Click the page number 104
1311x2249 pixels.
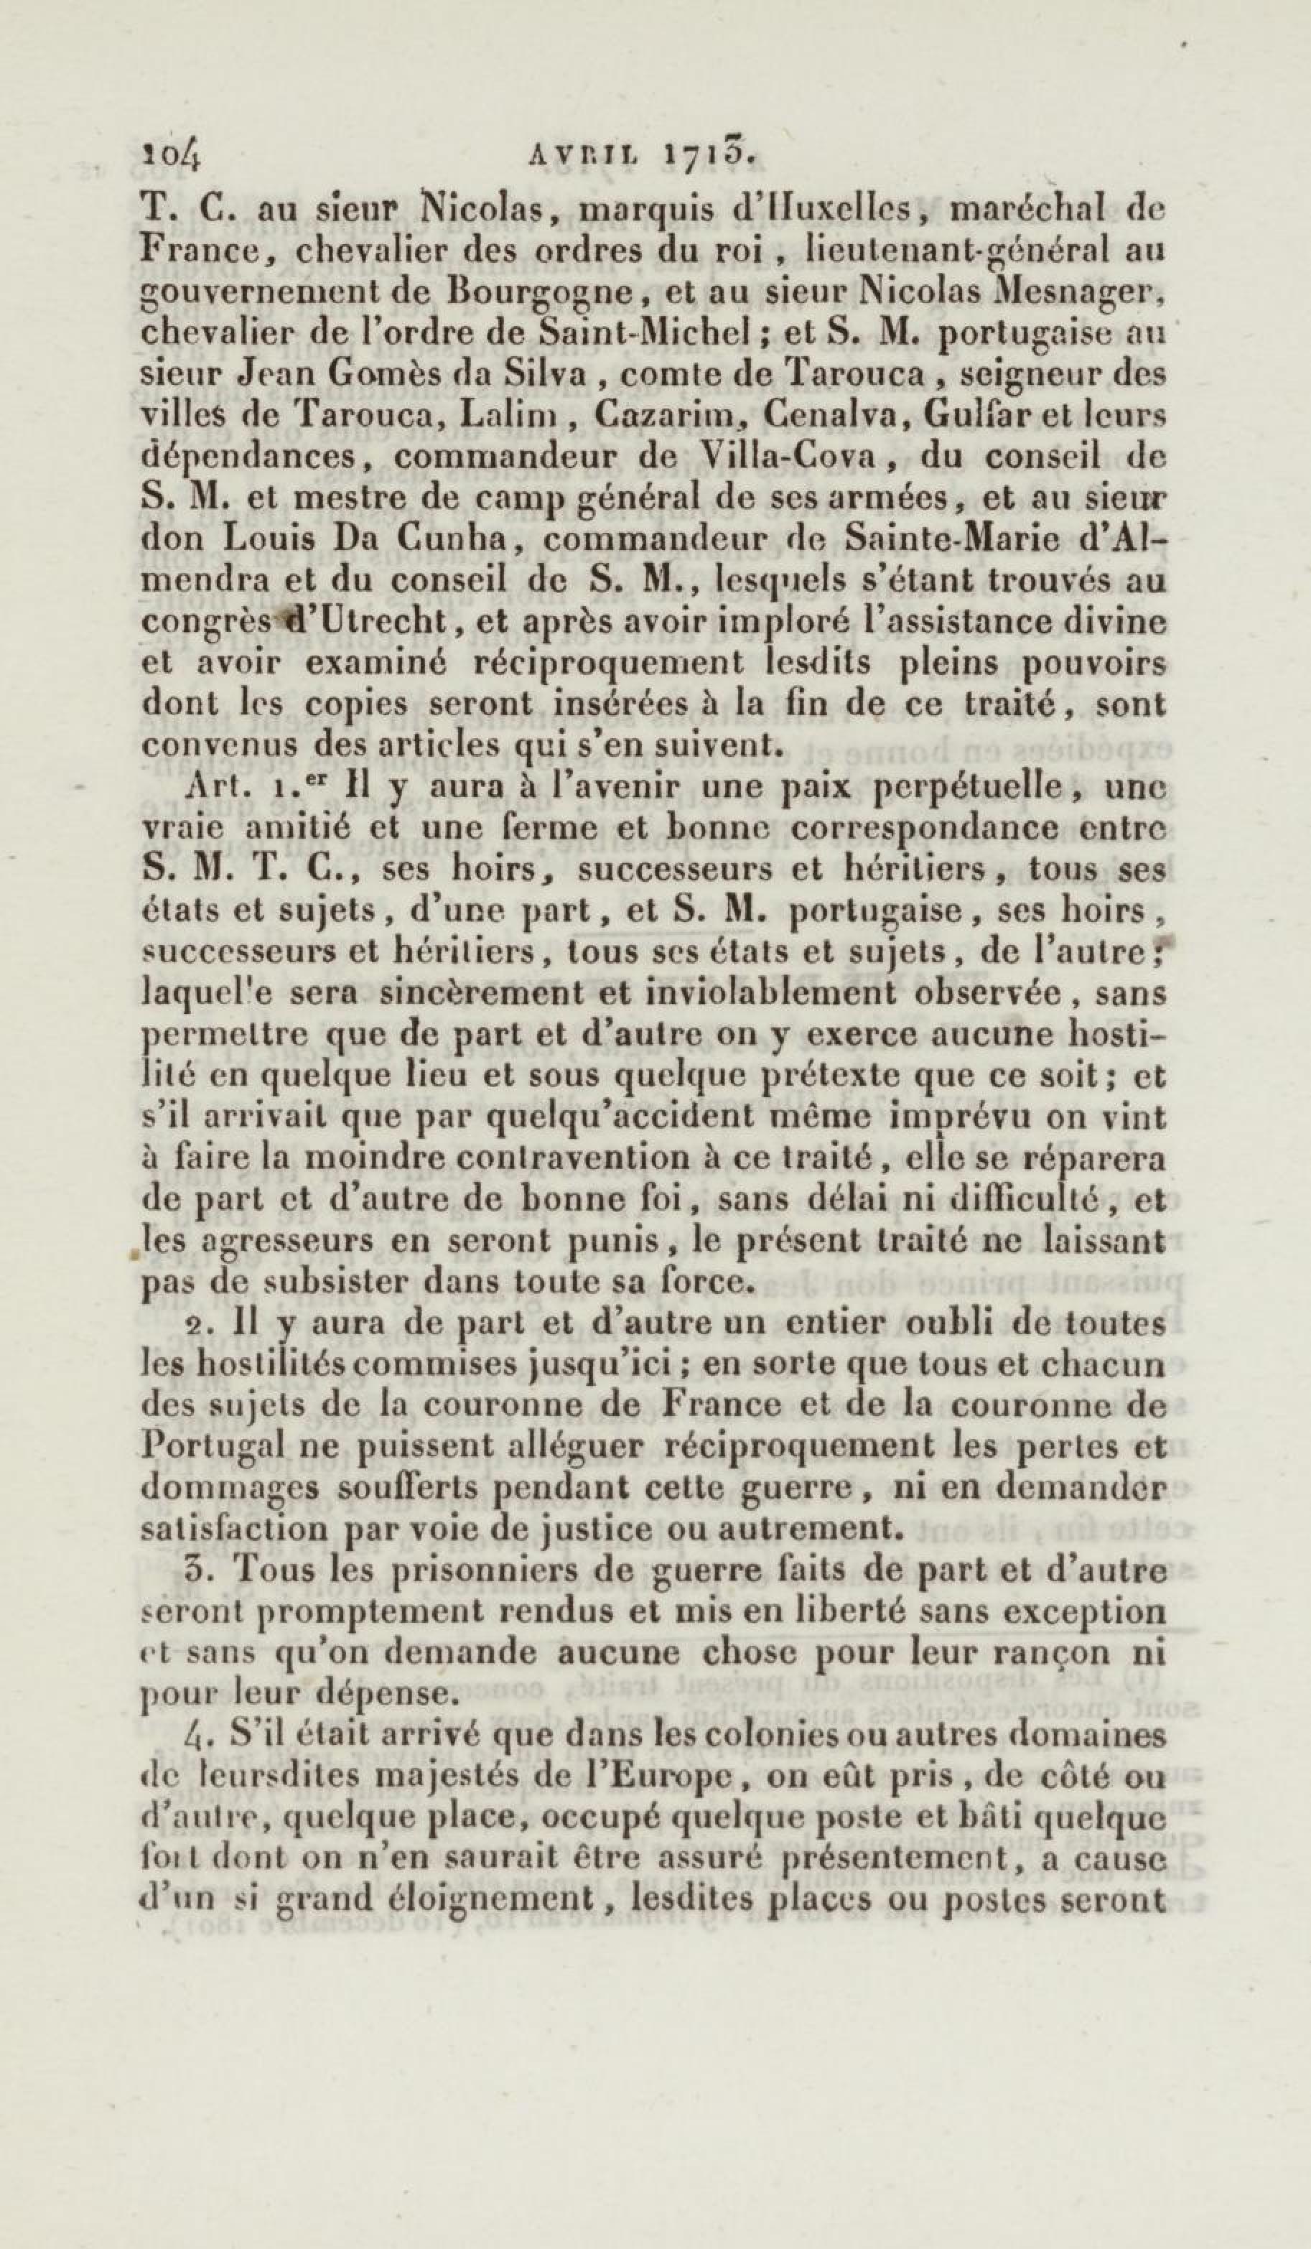click(172, 159)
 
